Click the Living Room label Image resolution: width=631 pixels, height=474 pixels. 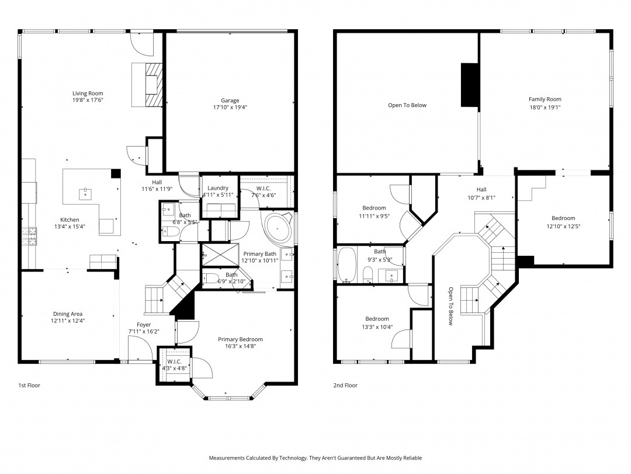tap(88, 93)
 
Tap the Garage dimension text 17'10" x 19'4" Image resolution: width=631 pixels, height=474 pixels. tap(230, 107)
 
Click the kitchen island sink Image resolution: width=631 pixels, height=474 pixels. tap(85, 194)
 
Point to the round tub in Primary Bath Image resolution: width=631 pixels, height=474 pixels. tap(278, 229)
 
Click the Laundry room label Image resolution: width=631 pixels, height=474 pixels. tap(218, 188)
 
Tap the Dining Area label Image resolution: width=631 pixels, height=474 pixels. tap(68, 314)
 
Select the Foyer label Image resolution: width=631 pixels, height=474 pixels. tap(144, 324)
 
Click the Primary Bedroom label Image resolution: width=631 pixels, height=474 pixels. tap(240, 339)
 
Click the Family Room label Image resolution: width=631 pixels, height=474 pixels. tap(545, 99)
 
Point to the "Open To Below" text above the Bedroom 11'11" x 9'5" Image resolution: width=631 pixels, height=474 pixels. tap(407, 105)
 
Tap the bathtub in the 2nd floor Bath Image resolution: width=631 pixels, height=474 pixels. tap(347, 265)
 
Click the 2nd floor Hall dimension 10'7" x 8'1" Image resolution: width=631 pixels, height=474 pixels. tap(481, 198)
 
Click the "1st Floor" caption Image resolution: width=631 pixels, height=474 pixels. tap(29, 385)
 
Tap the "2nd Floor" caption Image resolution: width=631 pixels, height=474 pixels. tap(345, 385)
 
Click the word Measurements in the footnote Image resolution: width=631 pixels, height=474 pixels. tap(227, 458)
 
